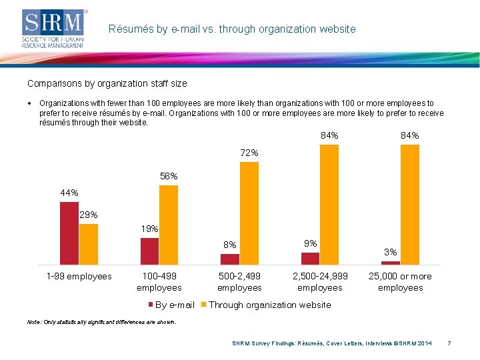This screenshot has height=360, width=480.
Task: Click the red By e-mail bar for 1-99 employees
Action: coord(69,233)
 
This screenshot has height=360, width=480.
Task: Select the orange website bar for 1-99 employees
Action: coord(89,244)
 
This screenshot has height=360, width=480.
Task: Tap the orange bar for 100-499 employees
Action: coord(169,225)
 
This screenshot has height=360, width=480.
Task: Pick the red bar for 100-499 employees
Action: coord(149,251)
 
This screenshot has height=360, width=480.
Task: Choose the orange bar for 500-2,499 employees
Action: coord(249,213)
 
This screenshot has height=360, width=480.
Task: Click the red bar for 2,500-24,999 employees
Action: coord(310,258)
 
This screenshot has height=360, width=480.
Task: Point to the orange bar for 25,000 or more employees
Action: coord(410,204)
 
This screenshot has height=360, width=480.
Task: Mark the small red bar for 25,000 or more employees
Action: coord(391,262)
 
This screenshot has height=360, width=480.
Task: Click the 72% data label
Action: coord(249,153)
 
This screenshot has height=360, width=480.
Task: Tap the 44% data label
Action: coord(69,193)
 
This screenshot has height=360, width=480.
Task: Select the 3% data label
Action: coord(391,252)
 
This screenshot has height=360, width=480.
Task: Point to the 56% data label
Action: coord(169,177)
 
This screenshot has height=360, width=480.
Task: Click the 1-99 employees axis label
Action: coord(79,276)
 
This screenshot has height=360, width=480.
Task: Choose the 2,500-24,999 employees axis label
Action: coord(320,282)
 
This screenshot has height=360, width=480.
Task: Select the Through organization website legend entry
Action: coord(267,305)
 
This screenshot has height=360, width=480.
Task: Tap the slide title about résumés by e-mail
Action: coord(232,29)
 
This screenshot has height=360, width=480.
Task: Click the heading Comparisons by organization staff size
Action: coord(107,83)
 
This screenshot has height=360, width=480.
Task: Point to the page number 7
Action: coord(449,343)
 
